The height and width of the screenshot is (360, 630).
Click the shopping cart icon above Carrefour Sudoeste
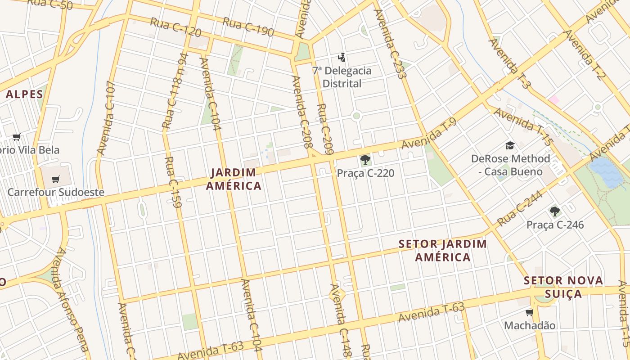click(55, 180)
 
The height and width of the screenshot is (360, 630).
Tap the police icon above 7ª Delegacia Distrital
click(342, 57)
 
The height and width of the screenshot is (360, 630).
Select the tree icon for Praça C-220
click(365, 160)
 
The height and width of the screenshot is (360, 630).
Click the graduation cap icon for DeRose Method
click(510, 145)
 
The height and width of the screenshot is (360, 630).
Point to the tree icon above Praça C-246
click(554, 211)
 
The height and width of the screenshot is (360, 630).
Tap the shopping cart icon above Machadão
click(529, 312)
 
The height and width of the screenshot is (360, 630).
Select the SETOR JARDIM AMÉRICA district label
click(443, 251)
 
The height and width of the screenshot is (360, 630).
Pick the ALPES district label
click(24, 94)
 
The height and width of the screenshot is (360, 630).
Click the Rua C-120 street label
click(175, 28)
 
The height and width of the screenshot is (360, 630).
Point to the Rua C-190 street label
click(248, 26)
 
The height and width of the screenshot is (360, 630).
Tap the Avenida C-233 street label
click(390, 44)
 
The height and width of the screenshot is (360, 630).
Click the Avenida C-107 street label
click(106, 118)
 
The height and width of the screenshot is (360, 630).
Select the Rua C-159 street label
click(173, 182)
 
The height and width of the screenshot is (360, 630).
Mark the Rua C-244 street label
click(519, 208)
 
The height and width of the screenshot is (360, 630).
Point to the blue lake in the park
click(606, 172)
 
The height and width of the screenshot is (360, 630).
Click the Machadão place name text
click(530, 325)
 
